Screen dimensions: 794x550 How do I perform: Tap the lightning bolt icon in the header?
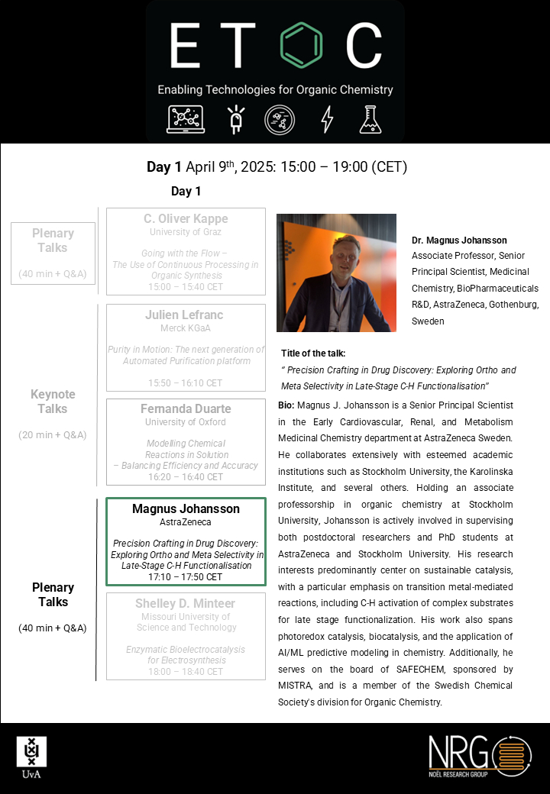[x=327, y=119]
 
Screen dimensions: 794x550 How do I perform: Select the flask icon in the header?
[x=370, y=119]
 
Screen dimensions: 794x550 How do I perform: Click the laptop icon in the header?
[x=186, y=119]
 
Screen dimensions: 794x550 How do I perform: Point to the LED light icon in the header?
[x=236, y=119]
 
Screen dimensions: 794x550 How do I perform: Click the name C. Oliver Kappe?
[x=186, y=219]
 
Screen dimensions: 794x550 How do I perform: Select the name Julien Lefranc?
[x=186, y=315]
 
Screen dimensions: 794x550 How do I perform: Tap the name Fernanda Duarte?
[x=186, y=409]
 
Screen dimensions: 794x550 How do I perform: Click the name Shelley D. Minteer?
[x=186, y=603]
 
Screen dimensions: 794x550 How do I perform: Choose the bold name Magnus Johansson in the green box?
[x=186, y=509]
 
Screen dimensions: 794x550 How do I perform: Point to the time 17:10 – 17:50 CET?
[x=186, y=577]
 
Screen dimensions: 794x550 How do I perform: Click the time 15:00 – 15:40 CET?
[x=186, y=287]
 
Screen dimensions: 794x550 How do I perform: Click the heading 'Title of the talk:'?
[x=313, y=353]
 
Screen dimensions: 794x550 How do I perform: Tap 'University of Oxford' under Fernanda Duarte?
[x=186, y=422]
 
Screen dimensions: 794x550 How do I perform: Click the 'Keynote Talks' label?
[x=53, y=402]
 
